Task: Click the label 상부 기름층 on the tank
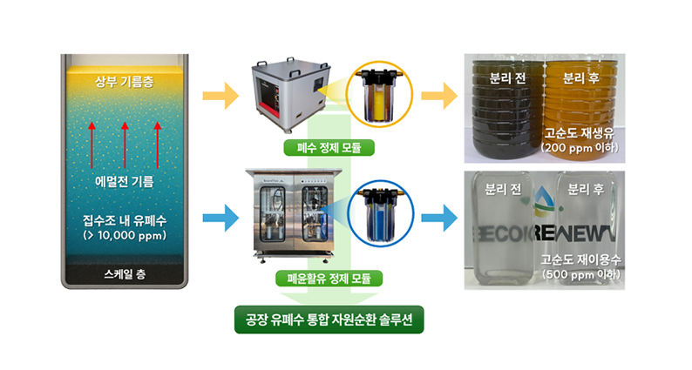[x=125, y=83]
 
